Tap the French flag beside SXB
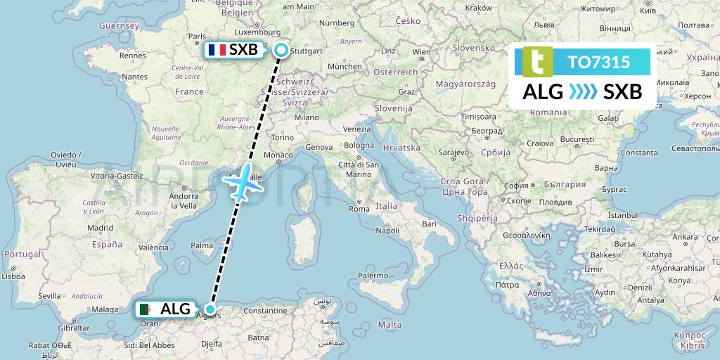pos(215,50)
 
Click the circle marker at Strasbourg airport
pos(281,50)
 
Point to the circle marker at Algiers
pos(210,309)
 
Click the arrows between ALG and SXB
pos(583,91)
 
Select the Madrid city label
pos(100,228)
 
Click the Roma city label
pos(359,209)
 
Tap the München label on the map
pos(344,66)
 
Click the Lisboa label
pos(13,277)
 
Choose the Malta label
pos(390,325)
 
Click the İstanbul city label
pos(621,214)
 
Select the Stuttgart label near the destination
pos(307,51)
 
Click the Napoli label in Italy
pos(388,230)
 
